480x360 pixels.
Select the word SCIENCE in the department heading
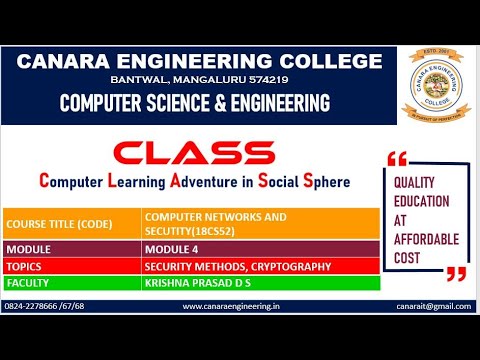point(187,103)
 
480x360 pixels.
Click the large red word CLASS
point(180,153)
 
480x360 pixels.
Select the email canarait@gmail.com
point(431,308)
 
